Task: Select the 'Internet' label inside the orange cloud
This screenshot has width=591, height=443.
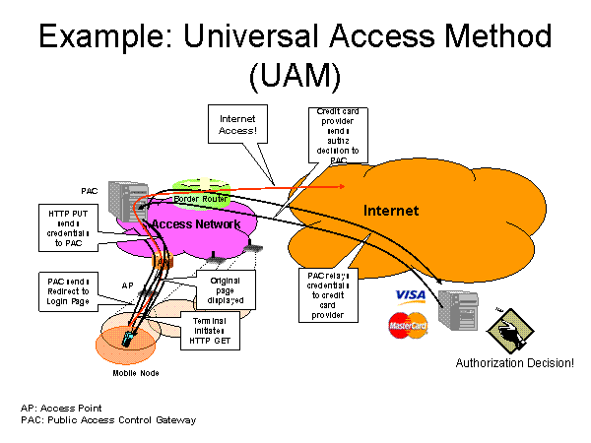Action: tap(391, 211)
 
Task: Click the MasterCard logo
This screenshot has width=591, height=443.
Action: tap(408, 325)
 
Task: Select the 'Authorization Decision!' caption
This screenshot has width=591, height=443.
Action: tap(514, 363)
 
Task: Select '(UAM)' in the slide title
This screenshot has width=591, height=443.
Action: tap(295, 77)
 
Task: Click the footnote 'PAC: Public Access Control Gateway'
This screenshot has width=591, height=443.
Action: tap(108, 419)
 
